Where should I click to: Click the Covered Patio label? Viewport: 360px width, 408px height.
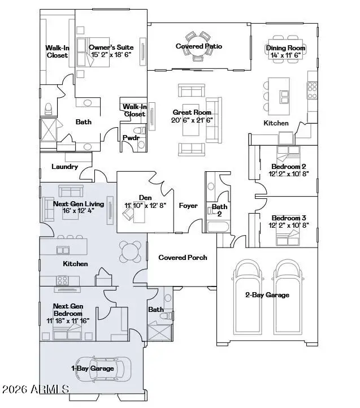[x=199, y=46]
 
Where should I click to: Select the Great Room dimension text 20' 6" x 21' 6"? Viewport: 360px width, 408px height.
[x=192, y=120]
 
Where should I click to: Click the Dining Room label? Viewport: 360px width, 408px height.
[x=285, y=48]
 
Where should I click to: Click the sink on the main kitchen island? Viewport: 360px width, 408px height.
[x=284, y=97]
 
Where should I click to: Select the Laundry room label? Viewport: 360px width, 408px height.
[x=64, y=167]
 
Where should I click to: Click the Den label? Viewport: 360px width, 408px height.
[x=145, y=198]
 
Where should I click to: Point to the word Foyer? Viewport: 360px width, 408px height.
[x=188, y=206]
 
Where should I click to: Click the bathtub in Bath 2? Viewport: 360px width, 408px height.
[x=219, y=227]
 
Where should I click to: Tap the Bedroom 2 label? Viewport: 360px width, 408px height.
[x=289, y=166]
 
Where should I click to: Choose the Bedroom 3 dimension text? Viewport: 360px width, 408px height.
[x=289, y=225]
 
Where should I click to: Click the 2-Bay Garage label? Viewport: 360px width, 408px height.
[x=267, y=295]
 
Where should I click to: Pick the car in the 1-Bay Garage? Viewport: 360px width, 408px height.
[x=103, y=369]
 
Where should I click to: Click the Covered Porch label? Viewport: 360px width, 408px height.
[x=183, y=257]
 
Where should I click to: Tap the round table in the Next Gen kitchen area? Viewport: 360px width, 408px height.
[x=130, y=251]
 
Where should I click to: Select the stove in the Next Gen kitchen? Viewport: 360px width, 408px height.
[x=63, y=280]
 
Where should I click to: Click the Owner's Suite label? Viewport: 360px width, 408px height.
[x=111, y=47]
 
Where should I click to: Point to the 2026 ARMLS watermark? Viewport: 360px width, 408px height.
[x=36, y=389]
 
